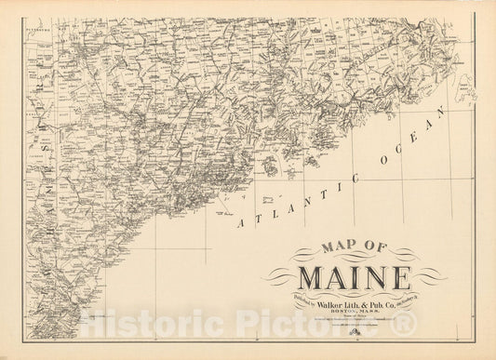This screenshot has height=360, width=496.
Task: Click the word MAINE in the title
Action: pos(354,277)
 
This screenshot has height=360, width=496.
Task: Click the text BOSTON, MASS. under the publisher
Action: pos(355,310)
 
